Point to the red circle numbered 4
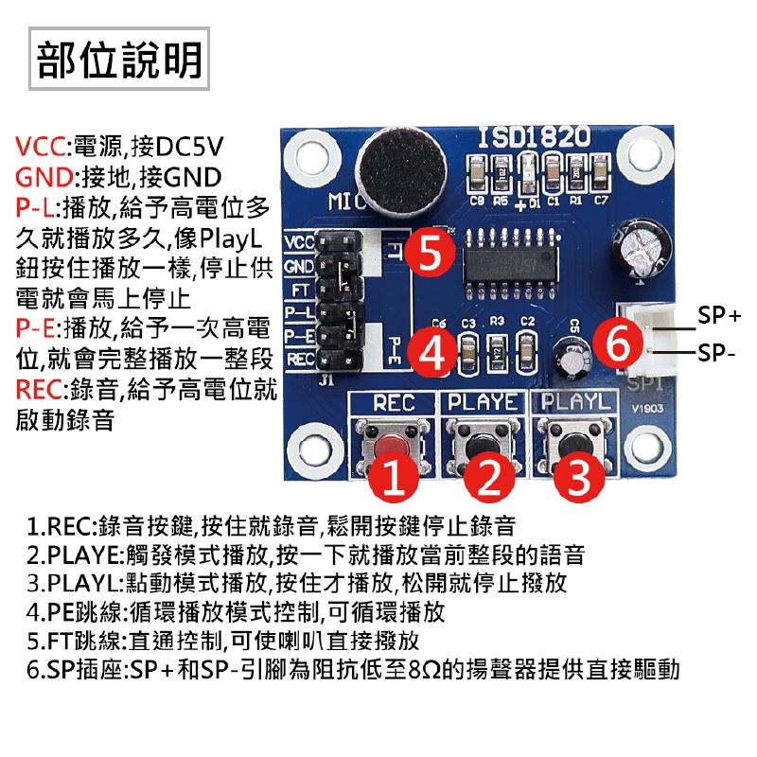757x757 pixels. coord(432,351)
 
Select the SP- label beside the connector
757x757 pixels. coord(715,356)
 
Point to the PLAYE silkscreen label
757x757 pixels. coord(484,403)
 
